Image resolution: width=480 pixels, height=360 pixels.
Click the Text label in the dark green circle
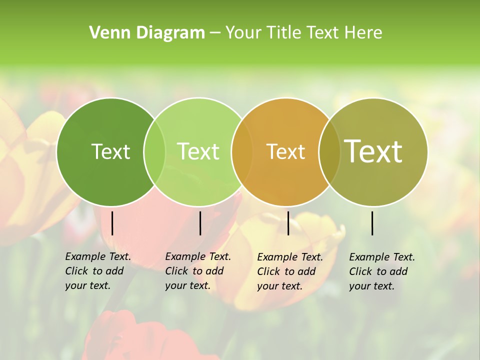(x=110, y=151)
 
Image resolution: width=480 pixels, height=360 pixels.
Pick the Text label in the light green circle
(x=198, y=151)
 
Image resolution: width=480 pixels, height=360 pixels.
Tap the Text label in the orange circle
(x=285, y=151)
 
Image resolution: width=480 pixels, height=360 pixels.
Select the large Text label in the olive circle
(x=373, y=151)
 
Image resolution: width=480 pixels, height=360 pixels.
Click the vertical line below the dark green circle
(x=112, y=223)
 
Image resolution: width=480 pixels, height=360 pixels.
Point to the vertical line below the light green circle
(x=200, y=223)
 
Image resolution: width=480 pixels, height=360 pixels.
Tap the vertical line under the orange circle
(x=288, y=223)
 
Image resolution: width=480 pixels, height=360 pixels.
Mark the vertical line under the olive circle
(x=372, y=223)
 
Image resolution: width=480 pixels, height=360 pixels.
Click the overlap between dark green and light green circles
(x=154, y=151)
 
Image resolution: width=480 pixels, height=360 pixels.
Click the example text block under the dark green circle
(x=98, y=271)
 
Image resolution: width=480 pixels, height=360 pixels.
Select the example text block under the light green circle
(x=198, y=271)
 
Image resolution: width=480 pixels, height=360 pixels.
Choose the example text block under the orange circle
(x=290, y=271)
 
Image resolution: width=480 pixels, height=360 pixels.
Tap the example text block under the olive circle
(x=382, y=271)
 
